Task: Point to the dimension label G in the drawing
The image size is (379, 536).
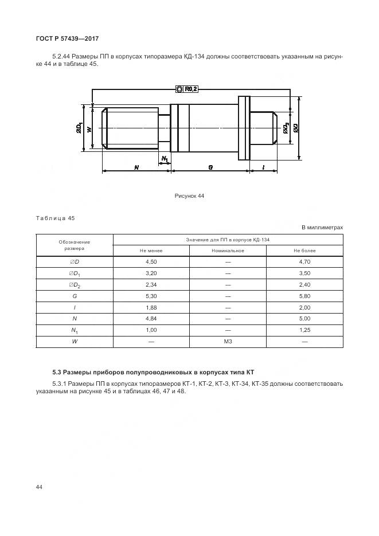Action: click(x=210, y=167)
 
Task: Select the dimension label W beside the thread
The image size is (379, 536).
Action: click(x=89, y=130)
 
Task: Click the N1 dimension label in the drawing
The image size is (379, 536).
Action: click(x=165, y=158)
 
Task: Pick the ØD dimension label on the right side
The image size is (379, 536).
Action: click(x=295, y=128)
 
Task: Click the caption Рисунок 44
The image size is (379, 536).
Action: click(x=189, y=196)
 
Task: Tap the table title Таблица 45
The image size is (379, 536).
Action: click(x=55, y=218)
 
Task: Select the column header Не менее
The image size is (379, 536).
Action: click(x=151, y=251)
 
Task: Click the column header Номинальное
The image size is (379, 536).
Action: click(x=228, y=251)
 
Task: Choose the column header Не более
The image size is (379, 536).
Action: click(x=304, y=251)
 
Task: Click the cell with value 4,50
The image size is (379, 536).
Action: click(x=151, y=262)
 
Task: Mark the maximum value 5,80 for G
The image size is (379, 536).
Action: click(x=304, y=296)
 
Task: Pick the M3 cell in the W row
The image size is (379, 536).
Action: click(x=228, y=342)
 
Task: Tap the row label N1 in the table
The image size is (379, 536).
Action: click(x=75, y=330)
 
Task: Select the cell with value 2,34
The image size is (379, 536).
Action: click(x=151, y=284)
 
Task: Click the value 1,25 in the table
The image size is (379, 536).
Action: click(x=304, y=330)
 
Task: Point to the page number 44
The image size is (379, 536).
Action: click(x=39, y=487)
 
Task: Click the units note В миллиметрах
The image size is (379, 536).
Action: click(x=322, y=228)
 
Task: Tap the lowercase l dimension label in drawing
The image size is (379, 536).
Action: click(x=263, y=167)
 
